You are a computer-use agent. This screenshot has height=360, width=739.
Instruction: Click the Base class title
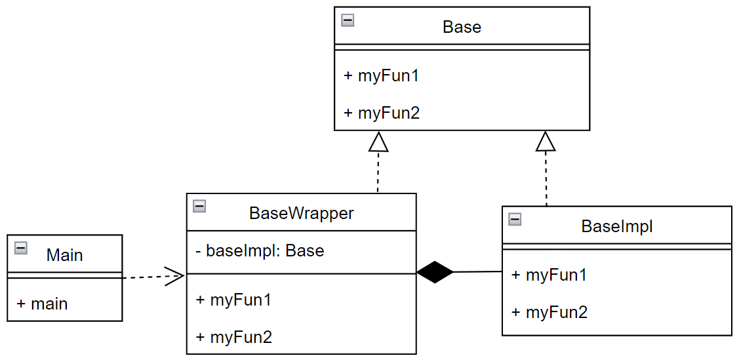(462, 27)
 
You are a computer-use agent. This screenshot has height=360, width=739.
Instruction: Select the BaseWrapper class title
(301, 214)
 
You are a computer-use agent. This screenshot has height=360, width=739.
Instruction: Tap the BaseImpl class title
(617, 226)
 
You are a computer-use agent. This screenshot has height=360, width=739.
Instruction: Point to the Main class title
(64, 255)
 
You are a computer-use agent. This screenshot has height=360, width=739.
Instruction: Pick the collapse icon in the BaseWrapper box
(199, 207)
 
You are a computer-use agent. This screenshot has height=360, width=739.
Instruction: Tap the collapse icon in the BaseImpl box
(515, 219)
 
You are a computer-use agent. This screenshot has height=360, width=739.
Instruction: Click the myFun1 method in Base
(382, 75)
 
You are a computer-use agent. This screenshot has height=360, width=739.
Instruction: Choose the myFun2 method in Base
(382, 113)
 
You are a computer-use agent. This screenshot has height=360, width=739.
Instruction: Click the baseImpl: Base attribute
(260, 250)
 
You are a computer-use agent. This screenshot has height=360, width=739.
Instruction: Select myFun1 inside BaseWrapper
(233, 300)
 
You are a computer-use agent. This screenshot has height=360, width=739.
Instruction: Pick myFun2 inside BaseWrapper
(233, 337)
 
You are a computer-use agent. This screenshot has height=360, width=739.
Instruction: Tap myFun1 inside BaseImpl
(549, 275)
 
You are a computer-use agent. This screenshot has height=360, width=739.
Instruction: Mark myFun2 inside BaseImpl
(549, 312)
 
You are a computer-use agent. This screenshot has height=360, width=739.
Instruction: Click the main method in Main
(42, 304)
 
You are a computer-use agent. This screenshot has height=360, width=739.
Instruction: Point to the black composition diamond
(435, 272)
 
